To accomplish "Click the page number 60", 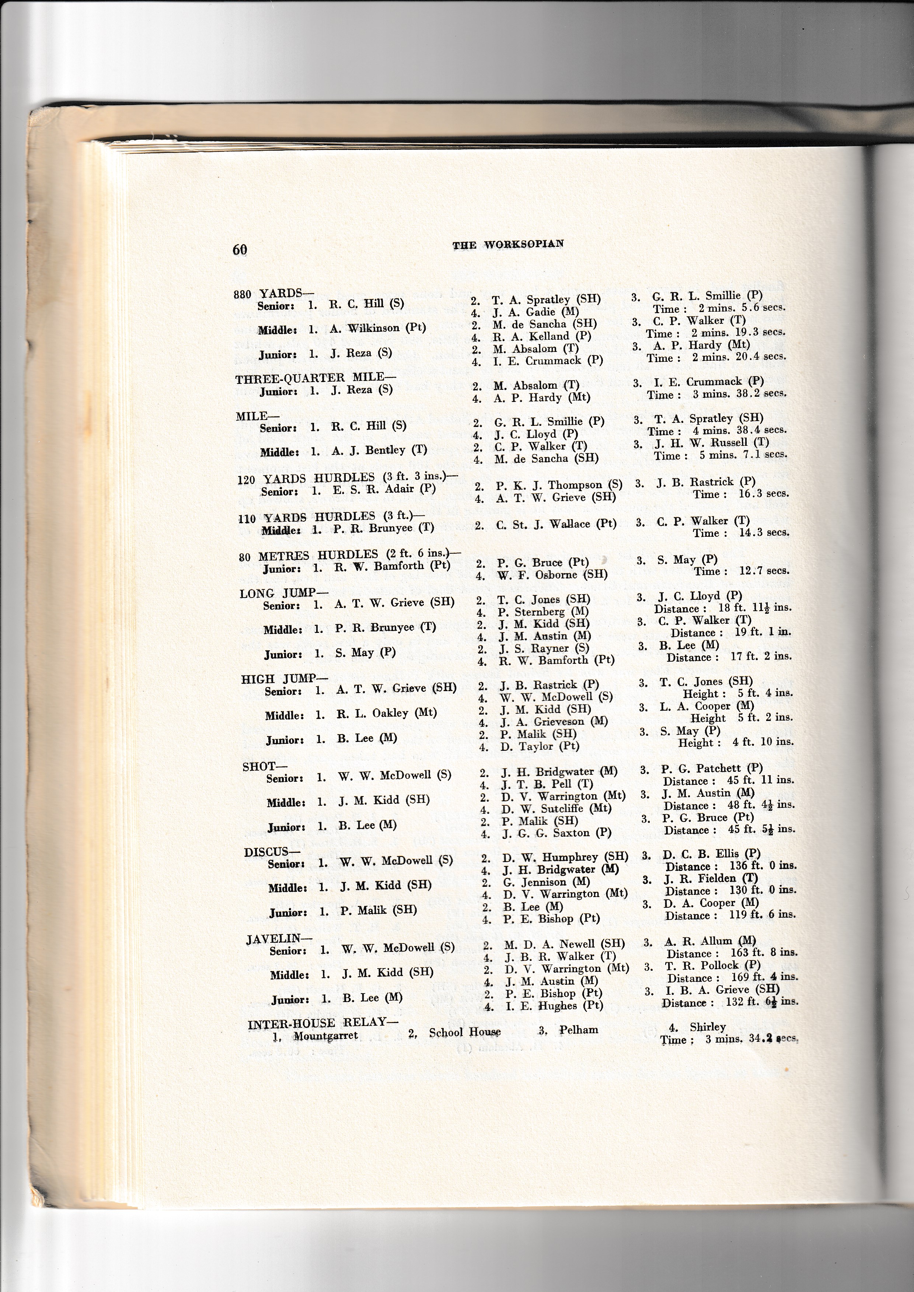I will pyautogui.click(x=240, y=249).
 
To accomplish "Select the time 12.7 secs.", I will pyautogui.click(x=764, y=571).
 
